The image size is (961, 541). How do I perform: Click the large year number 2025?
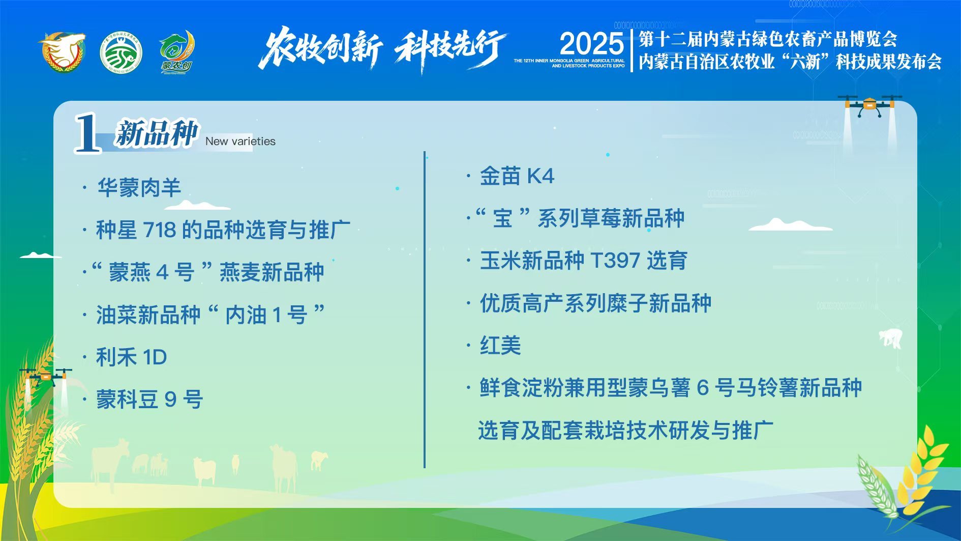(591, 44)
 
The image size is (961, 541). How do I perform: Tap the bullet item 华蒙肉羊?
(139, 188)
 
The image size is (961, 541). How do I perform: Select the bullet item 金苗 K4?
(517, 176)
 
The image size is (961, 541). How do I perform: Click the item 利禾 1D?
(132, 357)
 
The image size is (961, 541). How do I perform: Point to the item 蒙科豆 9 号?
(149, 400)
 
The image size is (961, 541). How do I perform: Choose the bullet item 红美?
(500, 346)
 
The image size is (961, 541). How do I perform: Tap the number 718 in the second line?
(160, 230)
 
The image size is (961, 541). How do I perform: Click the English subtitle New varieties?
(241, 141)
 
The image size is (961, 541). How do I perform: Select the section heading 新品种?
(156, 134)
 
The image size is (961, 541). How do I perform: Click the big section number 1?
(87, 133)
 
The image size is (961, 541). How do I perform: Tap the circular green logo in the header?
(121, 53)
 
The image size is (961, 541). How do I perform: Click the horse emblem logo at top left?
(63, 52)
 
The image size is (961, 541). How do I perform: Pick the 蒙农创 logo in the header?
(176, 52)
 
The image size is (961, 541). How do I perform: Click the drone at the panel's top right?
(869, 106)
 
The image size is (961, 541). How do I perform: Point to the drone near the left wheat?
(46, 377)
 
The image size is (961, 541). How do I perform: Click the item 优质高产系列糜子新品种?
(595, 303)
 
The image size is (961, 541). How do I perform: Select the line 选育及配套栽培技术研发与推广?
(625, 431)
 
